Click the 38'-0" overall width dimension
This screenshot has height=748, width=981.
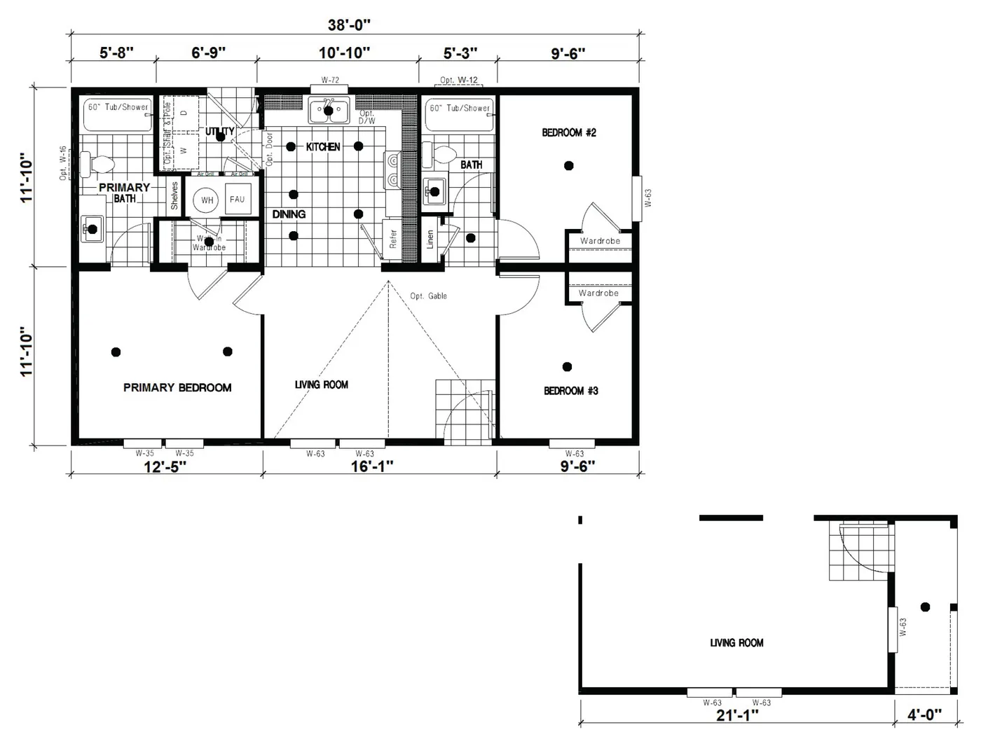point(349,25)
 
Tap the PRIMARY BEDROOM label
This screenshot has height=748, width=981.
point(177,387)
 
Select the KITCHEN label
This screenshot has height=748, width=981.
point(323,147)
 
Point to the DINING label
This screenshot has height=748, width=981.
point(289,214)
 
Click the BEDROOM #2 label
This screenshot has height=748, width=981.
point(569,132)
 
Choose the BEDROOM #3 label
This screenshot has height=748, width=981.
point(571,391)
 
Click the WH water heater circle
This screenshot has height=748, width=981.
point(207,200)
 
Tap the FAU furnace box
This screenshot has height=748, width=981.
point(238,200)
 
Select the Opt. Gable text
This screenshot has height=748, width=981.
point(428,296)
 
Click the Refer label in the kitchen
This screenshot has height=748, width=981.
point(393,239)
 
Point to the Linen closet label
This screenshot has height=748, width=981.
point(430,240)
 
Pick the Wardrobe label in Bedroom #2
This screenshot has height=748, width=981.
point(600,241)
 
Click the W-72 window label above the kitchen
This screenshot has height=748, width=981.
point(330,81)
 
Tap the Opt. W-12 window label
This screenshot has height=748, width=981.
point(459,80)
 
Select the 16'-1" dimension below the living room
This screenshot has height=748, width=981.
point(372,466)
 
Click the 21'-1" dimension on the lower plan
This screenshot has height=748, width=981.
point(737,715)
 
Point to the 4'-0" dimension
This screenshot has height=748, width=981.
point(925,715)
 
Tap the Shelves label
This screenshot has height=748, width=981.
point(174,196)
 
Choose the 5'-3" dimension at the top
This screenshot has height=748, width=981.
point(460,53)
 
